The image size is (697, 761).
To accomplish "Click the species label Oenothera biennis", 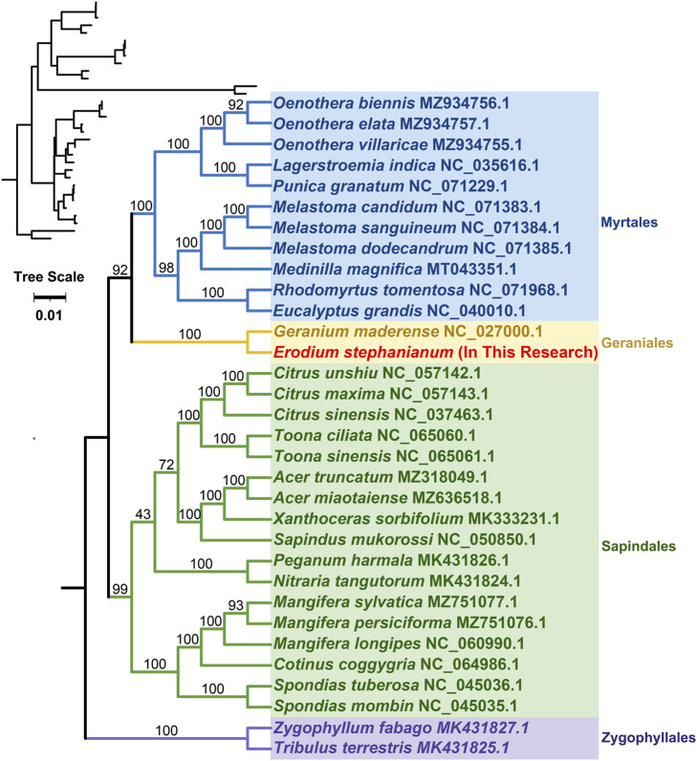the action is click(344, 103).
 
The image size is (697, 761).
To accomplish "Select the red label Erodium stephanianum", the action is click(363, 353).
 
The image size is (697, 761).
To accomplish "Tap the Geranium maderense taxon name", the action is click(357, 332).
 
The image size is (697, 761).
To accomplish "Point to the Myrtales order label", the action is click(629, 223).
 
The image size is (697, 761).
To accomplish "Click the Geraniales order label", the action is click(637, 343).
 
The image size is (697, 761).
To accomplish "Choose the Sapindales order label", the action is click(639, 547).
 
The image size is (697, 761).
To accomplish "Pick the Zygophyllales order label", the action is click(648, 738).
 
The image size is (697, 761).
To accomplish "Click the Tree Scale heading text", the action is click(49, 277).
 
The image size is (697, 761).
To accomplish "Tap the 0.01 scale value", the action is click(49, 315).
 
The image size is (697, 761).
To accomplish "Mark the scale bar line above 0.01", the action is click(50, 297).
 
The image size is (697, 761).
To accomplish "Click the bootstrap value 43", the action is click(142, 514).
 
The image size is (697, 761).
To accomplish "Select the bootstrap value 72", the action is click(166, 465).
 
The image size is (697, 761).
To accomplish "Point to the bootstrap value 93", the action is click(235, 605).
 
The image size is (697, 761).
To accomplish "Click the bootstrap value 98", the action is click(166, 268).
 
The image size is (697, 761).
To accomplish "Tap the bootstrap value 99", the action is click(120, 589).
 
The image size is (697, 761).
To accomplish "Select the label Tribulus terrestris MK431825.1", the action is click(391, 748).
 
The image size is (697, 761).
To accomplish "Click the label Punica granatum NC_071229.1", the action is click(390, 186).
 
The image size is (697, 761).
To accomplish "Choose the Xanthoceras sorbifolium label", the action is click(368, 519).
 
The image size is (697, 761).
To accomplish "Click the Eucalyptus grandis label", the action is click(347, 311).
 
